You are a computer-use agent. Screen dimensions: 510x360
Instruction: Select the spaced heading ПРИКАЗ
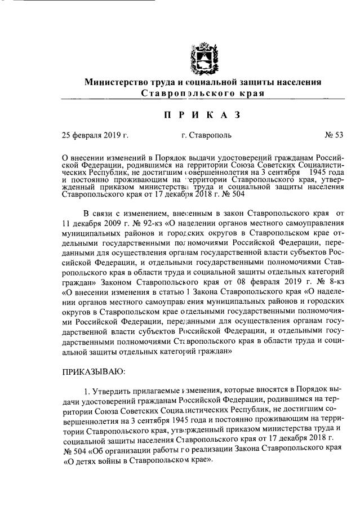coord(202,116)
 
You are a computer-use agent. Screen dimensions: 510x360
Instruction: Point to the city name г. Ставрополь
coord(206,135)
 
